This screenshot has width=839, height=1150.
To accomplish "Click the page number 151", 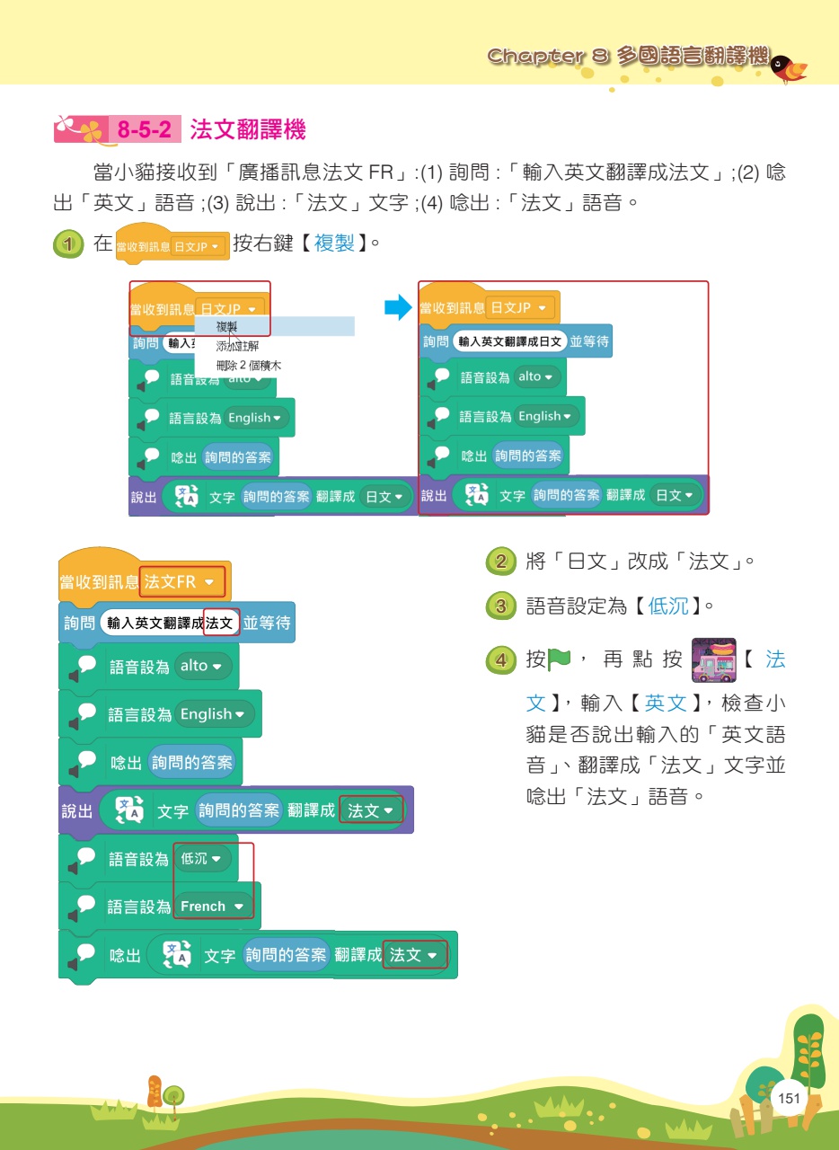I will [789, 1098].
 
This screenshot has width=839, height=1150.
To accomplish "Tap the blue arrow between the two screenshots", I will [396, 308].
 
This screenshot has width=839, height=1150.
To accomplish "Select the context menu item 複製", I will [227, 326].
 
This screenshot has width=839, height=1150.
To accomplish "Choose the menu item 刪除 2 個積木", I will [249, 366].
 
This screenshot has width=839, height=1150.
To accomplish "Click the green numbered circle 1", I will [66, 244].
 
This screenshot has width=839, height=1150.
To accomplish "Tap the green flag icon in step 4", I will [561, 660].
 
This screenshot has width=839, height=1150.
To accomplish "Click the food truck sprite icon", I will [714, 661].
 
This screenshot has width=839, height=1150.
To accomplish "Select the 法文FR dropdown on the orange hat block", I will [182, 582].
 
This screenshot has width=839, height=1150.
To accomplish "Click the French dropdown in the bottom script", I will [213, 907].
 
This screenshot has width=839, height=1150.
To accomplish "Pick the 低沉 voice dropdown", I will [206, 859].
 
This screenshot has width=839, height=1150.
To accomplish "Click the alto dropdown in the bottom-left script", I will [205, 667].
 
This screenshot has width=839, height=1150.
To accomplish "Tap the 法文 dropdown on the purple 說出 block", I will [370, 810].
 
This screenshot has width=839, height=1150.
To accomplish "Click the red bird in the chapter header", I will [790, 67].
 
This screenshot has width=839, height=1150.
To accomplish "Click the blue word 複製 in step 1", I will [334, 243].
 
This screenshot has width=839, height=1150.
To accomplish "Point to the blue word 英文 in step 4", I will [666, 703].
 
